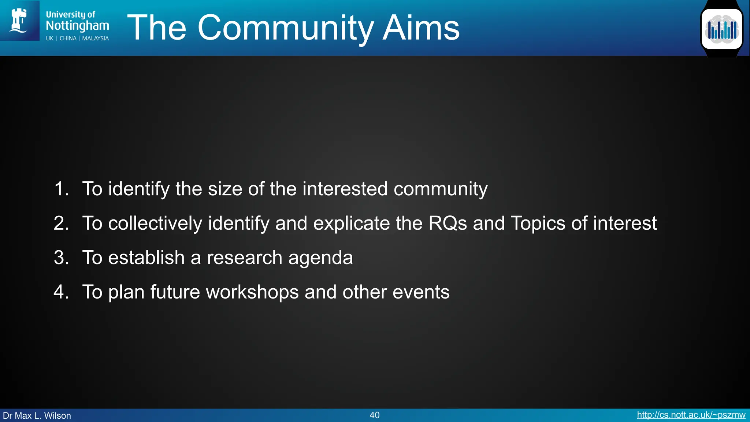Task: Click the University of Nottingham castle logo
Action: (19, 21)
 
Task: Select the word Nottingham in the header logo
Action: (77, 26)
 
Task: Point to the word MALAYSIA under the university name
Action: (95, 38)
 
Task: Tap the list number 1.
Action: (61, 189)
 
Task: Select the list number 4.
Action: (61, 292)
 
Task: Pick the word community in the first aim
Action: (441, 189)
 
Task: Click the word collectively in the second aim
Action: (155, 223)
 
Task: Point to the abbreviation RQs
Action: (448, 223)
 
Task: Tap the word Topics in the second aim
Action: (538, 223)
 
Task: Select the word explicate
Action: (352, 223)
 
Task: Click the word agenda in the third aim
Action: (320, 258)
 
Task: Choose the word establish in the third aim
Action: (146, 258)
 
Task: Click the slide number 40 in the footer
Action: (375, 415)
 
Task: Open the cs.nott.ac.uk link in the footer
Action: (691, 415)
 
